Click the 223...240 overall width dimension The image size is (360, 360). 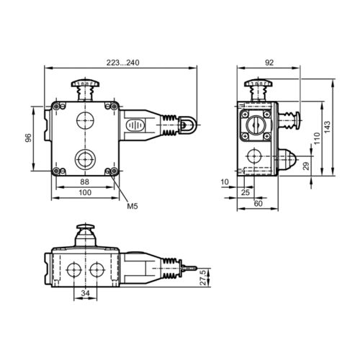121,63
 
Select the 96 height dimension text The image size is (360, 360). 28,138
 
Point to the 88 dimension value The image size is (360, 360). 84,182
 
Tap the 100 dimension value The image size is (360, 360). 84,194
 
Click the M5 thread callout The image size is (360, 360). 132,207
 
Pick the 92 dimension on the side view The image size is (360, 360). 269,63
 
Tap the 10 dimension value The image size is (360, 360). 225,182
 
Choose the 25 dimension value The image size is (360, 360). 246,194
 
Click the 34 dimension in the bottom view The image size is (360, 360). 85,293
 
